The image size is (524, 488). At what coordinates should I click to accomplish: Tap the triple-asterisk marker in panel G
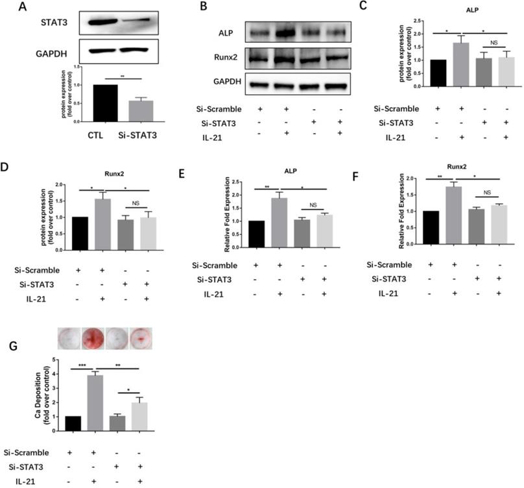tap(82, 365)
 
